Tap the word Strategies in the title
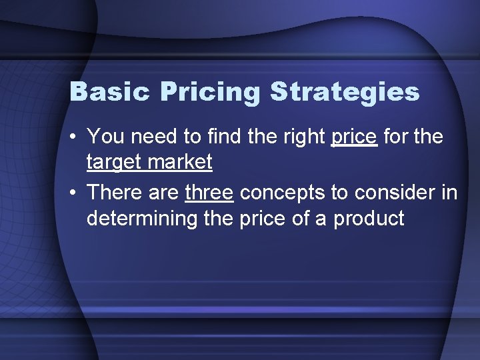coord(345,93)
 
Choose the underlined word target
coord(116,162)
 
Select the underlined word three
coord(209,193)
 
